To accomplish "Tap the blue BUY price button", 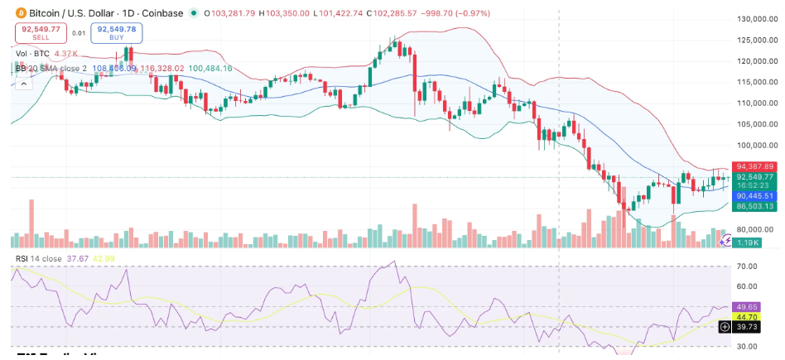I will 117,33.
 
